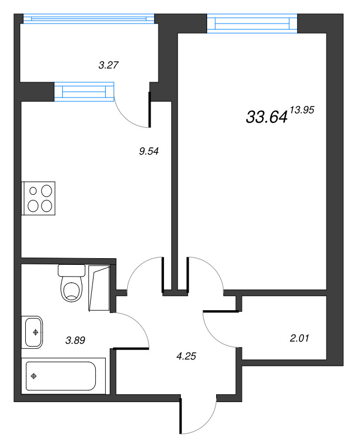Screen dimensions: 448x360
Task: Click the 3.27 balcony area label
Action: point(108,64)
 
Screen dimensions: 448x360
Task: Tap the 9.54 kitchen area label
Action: point(149,150)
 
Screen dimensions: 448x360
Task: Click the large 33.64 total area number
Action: point(267,116)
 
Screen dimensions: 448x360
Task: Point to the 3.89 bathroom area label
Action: point(76,339)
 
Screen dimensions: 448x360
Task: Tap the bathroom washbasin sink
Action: point(34,332)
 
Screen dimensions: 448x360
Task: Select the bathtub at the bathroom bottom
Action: point(61,376)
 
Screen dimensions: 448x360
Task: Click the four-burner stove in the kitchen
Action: point(39,198)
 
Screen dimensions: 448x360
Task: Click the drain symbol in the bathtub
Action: point(35,376)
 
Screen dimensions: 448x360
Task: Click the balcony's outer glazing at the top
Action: point(88,18)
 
